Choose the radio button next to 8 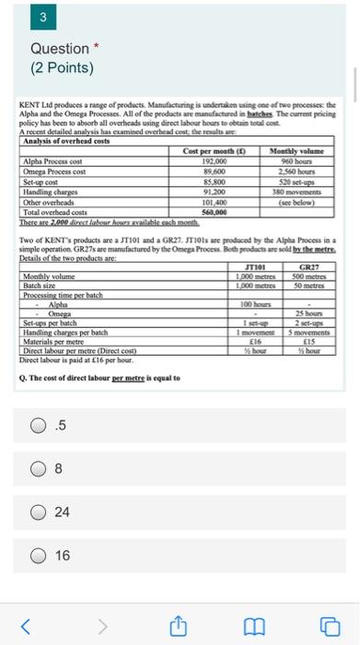39,468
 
